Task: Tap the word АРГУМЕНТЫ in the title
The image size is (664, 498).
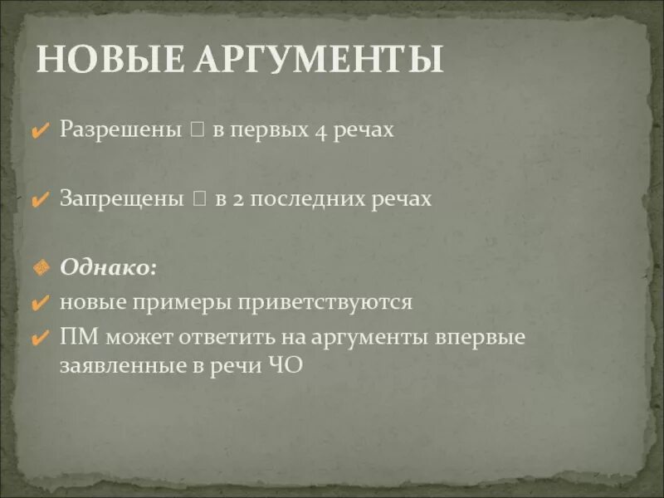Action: pyautogui.click(x=320, y=61)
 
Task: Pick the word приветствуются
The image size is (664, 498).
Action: pyautogui.click(x=329, y=302)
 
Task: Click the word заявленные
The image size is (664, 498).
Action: pyautogui.click(x=115, y=366)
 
